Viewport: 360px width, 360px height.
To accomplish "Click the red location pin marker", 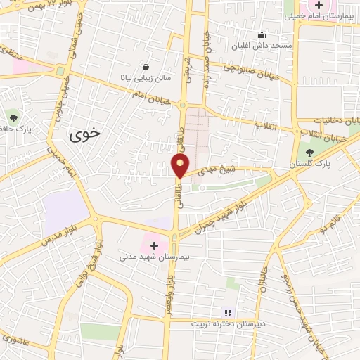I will [x=181, y=166].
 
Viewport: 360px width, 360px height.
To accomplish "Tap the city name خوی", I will [x=85, y=133].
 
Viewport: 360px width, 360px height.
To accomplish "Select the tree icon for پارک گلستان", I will [x=309, y=152].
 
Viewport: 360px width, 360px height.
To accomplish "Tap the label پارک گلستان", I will [x=309, y=164].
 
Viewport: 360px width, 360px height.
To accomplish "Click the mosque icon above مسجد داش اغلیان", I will [x=262, y=35].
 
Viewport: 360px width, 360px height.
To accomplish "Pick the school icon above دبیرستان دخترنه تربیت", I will [x=227, y=313].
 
